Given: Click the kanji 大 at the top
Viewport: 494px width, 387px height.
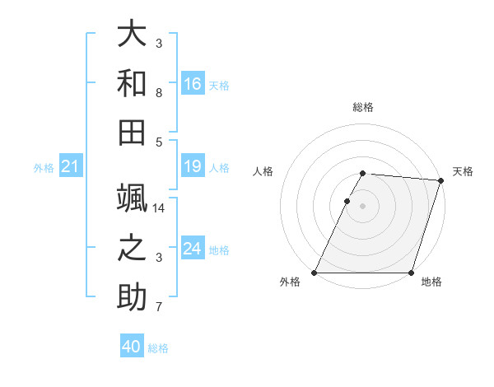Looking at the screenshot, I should point(131,35).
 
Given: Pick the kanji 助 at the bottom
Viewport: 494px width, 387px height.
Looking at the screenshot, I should point(131,298).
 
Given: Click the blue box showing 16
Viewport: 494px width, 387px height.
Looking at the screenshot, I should point(193,83).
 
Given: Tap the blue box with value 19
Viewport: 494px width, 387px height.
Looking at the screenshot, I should point(193,167).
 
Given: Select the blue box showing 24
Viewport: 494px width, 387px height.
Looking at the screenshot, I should point(193,249).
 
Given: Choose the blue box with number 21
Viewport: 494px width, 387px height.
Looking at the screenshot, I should point(70,167).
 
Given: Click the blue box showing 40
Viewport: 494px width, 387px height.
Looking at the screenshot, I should point(132,347).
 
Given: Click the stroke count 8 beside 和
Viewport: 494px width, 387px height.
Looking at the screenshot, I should point(159,93).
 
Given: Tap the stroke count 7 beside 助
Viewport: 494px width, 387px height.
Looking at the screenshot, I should point(159,308).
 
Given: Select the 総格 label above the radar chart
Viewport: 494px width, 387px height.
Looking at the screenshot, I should point(362,107).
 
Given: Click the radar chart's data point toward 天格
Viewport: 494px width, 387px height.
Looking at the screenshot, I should point(441,180).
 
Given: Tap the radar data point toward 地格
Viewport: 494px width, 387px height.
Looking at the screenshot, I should point(411,273).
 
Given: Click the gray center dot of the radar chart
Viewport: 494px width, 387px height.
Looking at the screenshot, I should point(362,206).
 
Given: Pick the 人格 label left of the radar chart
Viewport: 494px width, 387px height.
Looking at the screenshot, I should point(263,171).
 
